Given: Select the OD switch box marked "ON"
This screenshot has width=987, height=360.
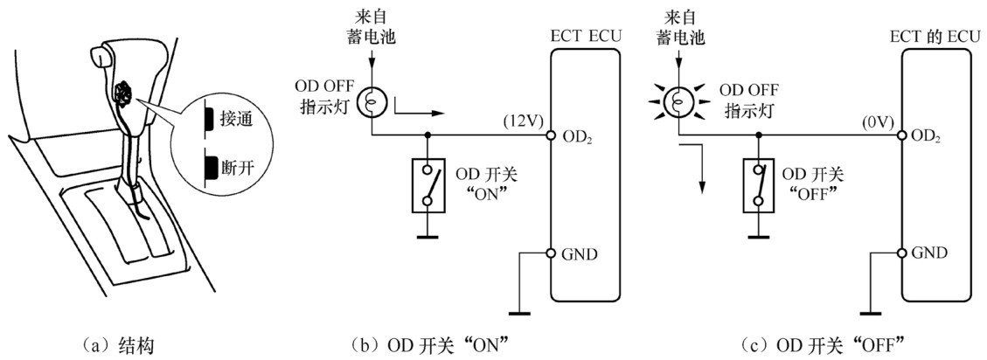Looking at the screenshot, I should coord(427,184).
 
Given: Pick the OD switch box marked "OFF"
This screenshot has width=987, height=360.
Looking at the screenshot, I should coord(760,184).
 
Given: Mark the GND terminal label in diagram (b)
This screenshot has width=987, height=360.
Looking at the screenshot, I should coord(579,253).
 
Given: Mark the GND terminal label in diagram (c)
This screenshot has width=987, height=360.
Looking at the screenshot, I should coord(928,253).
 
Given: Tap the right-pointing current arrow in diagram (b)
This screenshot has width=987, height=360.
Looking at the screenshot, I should coord(421,112).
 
